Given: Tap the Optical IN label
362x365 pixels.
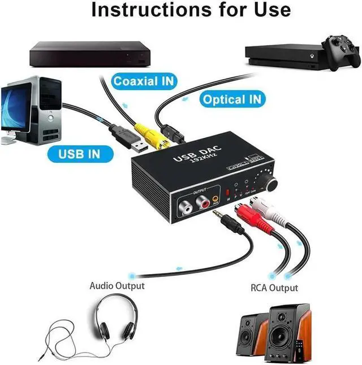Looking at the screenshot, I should [232, 100].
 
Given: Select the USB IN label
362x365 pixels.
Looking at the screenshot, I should [79, 153].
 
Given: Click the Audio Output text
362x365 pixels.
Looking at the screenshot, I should [117, 285].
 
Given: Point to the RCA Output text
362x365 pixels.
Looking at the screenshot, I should [274, 288].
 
